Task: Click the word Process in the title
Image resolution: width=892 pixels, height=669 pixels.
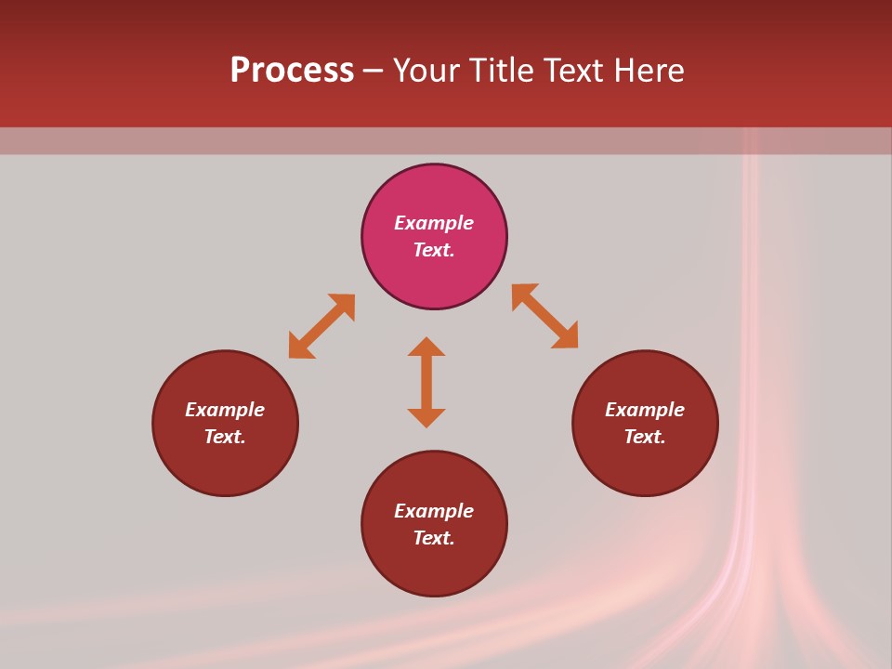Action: point(292,71)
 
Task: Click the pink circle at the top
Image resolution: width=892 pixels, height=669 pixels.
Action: point(434,190)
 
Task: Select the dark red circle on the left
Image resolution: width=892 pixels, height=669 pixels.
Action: point(225,465)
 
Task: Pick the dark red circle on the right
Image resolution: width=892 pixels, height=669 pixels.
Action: point(645,465)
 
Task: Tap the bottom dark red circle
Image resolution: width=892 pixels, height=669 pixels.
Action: point(434,567)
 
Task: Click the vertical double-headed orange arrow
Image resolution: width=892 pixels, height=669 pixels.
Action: point(426,382)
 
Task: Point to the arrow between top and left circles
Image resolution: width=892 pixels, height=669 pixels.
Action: point(321,326)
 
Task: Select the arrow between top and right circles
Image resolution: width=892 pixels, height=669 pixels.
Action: point(544,316)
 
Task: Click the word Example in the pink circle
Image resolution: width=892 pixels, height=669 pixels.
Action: point(434,223)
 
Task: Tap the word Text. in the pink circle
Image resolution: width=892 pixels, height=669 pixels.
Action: point(434,250)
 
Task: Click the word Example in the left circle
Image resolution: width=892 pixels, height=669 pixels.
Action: point(225,410)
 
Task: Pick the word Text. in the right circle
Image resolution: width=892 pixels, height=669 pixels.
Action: point(645,437)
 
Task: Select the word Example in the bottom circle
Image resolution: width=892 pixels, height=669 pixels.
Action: point(434,511)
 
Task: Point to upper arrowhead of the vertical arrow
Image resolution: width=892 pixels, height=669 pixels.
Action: point(426,347)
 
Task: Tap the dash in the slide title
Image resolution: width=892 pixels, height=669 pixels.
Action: point(373,72)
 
